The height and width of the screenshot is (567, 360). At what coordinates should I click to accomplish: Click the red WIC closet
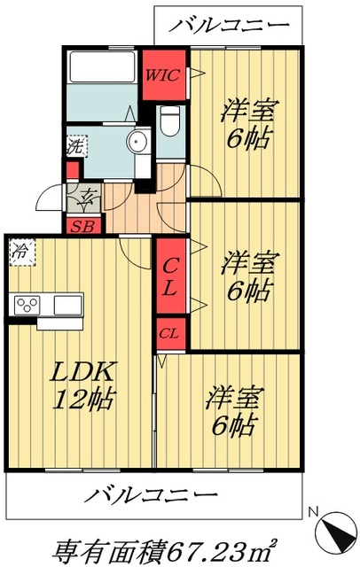(x=164, y=75)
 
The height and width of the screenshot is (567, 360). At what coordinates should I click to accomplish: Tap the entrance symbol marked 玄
(x=89, y=197)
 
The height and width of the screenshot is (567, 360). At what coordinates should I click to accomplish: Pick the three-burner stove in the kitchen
(x=26, y=306)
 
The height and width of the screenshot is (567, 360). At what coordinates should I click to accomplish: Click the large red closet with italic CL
(x=171, y=276)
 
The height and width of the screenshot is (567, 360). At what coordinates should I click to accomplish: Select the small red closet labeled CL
(x=170, y=334)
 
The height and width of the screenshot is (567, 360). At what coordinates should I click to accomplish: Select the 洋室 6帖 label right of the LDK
(x=232, y=410)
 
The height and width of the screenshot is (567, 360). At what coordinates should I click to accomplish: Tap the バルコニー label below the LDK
(x=154, y=493)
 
